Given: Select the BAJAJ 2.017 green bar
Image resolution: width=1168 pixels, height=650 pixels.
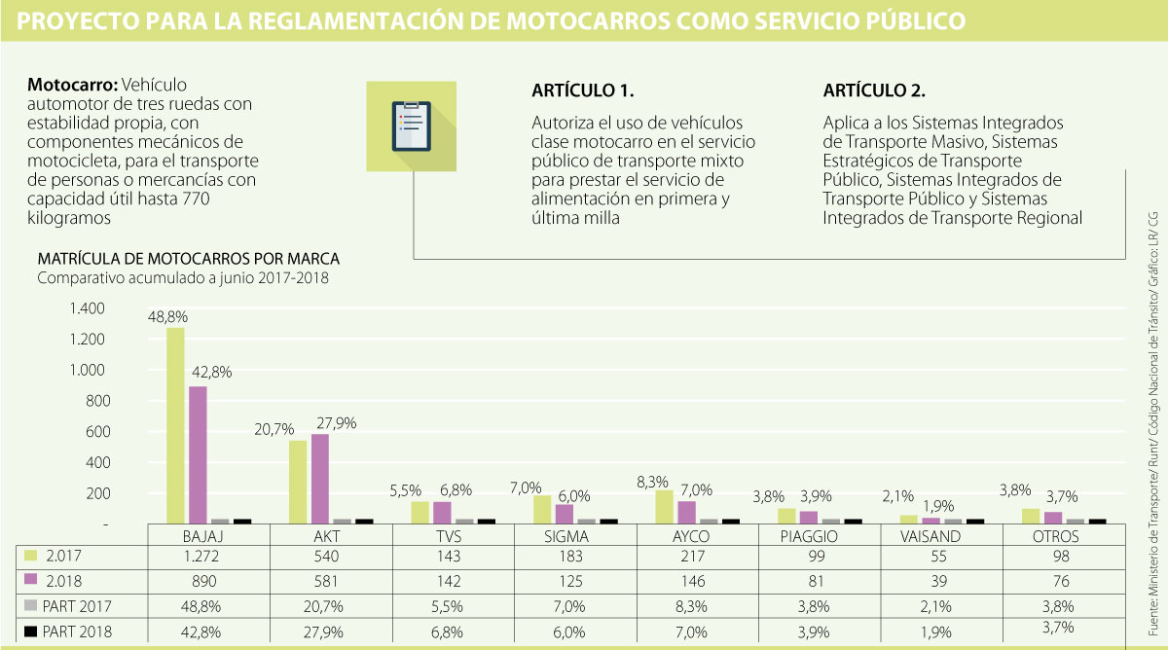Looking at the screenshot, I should (175, 425).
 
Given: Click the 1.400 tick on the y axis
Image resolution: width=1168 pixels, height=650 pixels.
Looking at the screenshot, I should (86, 308).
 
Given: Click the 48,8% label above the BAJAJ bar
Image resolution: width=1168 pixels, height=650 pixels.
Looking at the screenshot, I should (167, 317).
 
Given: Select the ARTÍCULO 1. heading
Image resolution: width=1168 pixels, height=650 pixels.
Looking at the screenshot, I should (583, 91).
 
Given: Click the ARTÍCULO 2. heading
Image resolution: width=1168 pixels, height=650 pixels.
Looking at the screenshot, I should (874, 91).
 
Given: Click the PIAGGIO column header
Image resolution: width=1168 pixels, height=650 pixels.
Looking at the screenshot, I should (820, 535).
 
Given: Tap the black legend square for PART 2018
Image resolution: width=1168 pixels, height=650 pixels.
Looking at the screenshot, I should (30, 631).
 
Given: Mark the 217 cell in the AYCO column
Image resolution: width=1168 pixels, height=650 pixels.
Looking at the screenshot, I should (696, 558).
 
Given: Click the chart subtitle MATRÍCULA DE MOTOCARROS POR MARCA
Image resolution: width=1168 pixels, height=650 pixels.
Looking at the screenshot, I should (188, 260).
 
